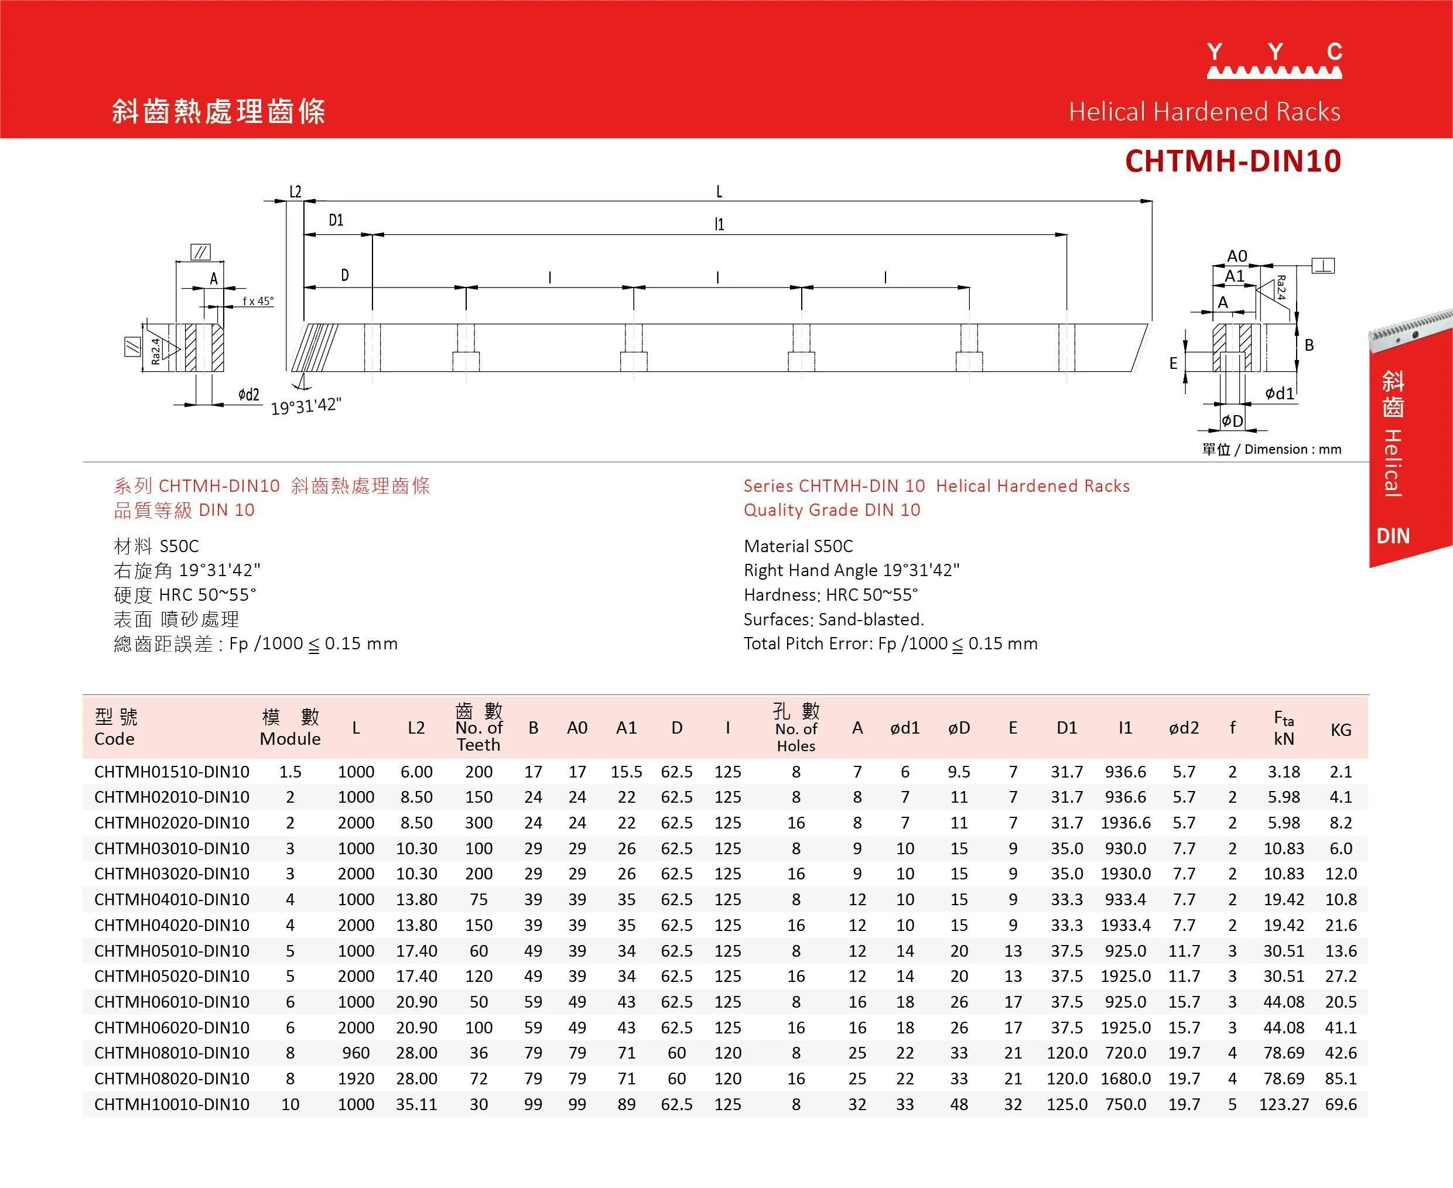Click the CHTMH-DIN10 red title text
[x=1233, y=161]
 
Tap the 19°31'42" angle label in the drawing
[x=306, y=406]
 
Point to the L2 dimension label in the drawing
[x=295, y=191]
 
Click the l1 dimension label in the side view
[x=719, y=224]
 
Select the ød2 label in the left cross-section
[x=248, y=394]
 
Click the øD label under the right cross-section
[x=1232, y=421]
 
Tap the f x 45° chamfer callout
[x=258, y=301]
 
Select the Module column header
[x=290, y=728]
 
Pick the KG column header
[x=1341, y=730]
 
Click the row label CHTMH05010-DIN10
[x=172, y=950]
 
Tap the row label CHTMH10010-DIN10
[x=172, y=1104]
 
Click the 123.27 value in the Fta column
[x=1283, y=1104]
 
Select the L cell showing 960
[x=356, y=1053]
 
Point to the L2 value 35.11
[x=416, y=1104]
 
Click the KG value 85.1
[x=1341, y=1079]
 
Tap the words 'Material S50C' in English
[x=798, y=546]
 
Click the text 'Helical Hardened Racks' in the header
[x=1204, y=112]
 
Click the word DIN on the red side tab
[x=1393, y=536]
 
